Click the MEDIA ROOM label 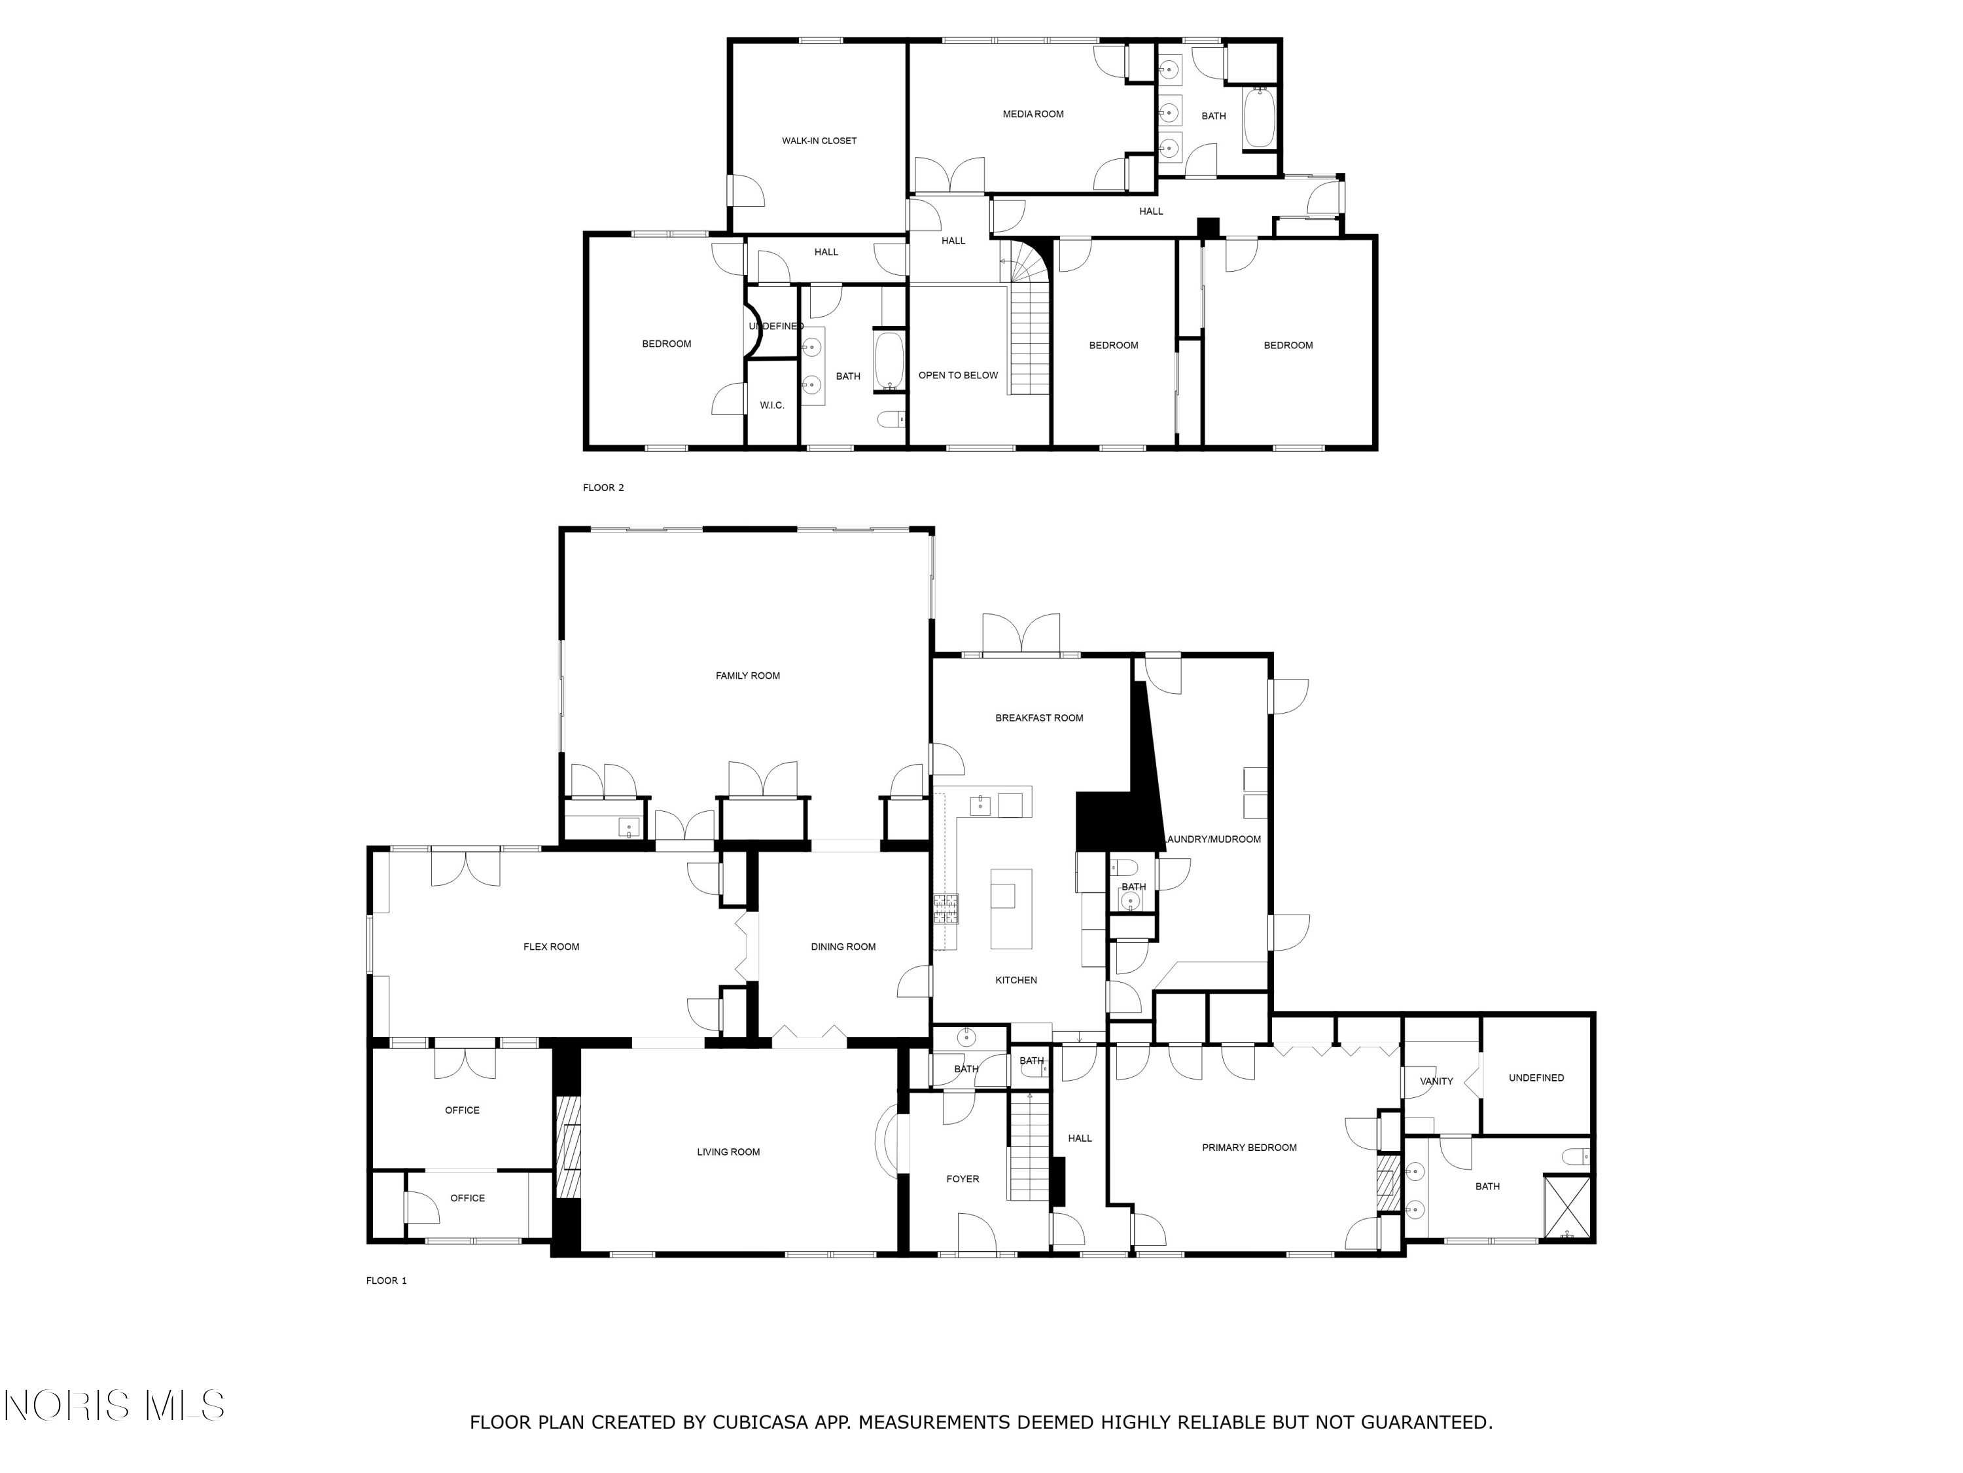click(x=1033, y=115)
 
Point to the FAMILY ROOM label click(x=748, y=676)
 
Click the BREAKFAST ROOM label click(x=1039, y=718)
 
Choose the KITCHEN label click(x=1016, y=980)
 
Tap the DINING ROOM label click(x=843, y=947)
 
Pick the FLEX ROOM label click(x=551, y=947)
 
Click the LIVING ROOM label click(x=728, y=1152)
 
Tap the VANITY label click(x=1437, y=1082)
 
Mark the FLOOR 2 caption click(x=603, y=488)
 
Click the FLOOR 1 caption click(x=387, y=1281)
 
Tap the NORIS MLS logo click(x=115, y=1406)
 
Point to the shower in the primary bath click(x=1567, y=1207)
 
